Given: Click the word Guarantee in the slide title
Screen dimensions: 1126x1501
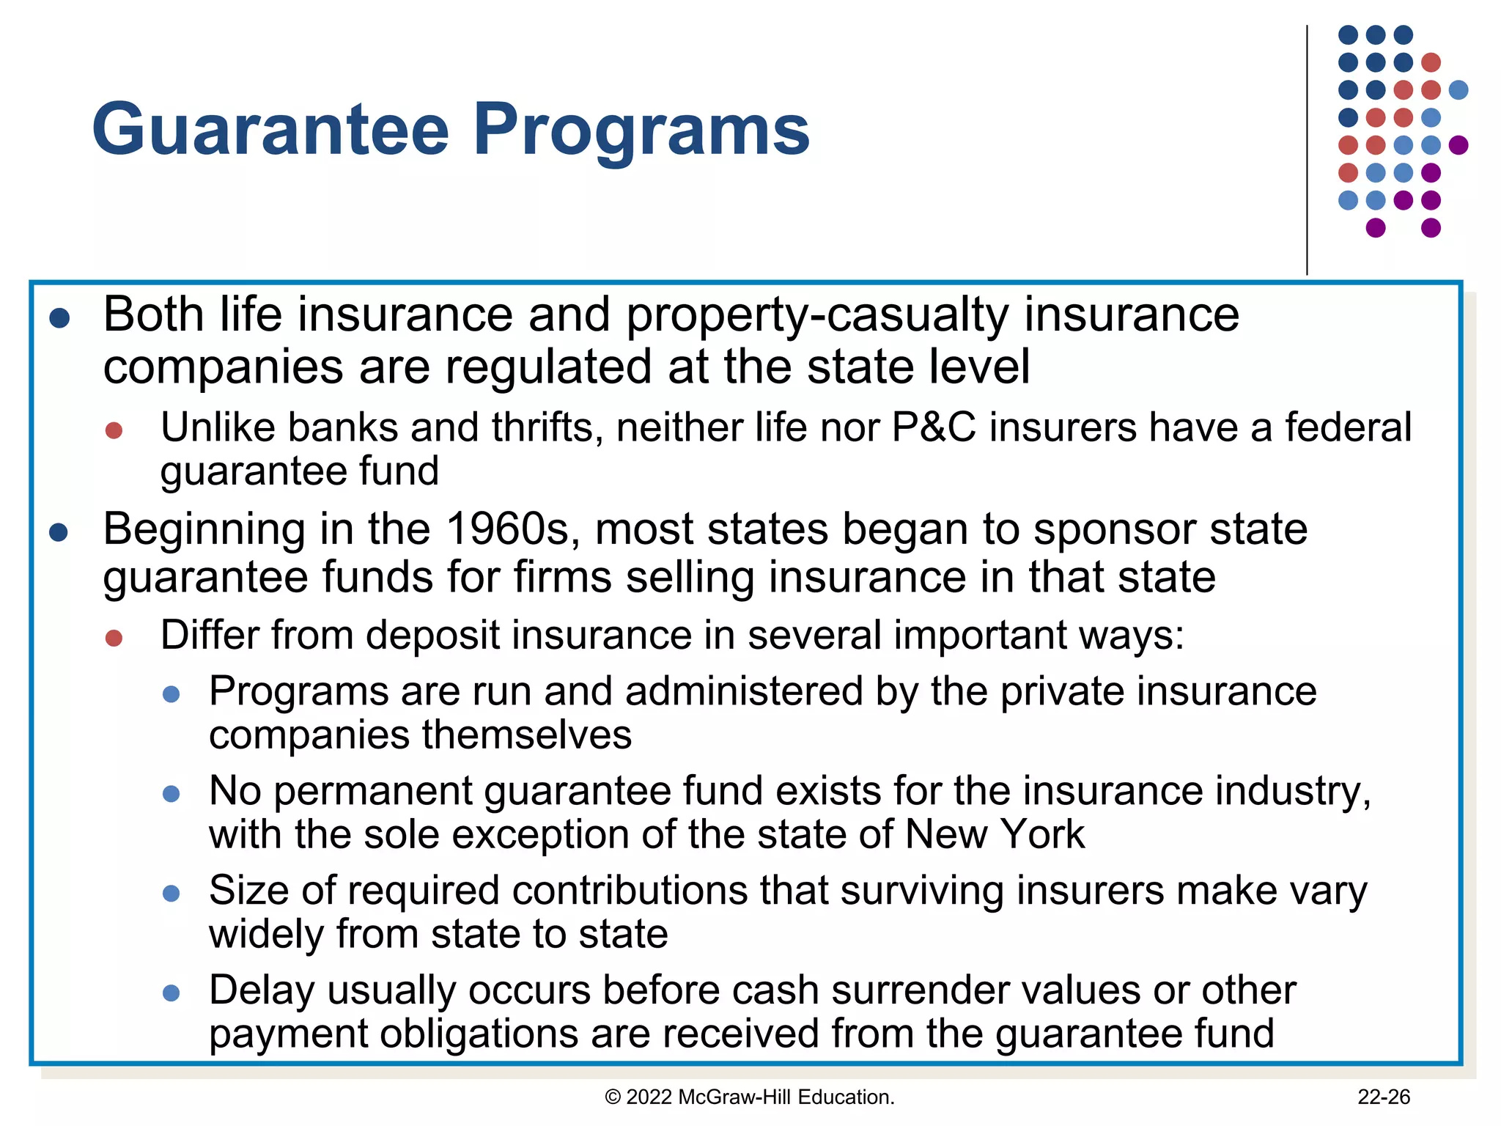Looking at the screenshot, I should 270,130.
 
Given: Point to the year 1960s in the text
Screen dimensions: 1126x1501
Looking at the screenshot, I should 508,529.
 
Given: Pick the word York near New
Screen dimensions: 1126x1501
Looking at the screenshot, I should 1042,834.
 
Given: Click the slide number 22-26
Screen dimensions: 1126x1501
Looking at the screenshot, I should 1384,1097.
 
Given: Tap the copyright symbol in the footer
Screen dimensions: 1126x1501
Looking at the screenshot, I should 613,1097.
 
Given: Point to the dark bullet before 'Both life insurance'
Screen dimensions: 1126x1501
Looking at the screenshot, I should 59,318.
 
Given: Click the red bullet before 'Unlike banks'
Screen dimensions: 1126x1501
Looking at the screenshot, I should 114,430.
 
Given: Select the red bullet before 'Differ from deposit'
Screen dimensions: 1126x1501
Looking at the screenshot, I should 114,638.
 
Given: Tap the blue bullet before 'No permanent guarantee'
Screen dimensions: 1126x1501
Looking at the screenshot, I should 171,794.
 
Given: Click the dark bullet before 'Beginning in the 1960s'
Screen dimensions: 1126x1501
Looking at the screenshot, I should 59,532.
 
